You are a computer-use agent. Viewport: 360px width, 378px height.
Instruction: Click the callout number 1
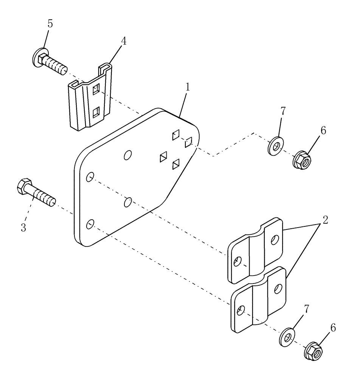point(187,87)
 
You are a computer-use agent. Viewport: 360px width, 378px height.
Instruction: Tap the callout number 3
point(23,228)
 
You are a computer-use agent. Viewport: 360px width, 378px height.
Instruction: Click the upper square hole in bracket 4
point(97,89)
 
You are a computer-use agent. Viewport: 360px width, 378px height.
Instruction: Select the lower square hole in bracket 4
point(97,111)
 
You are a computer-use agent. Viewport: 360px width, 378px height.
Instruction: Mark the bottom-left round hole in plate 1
point(90,225)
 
